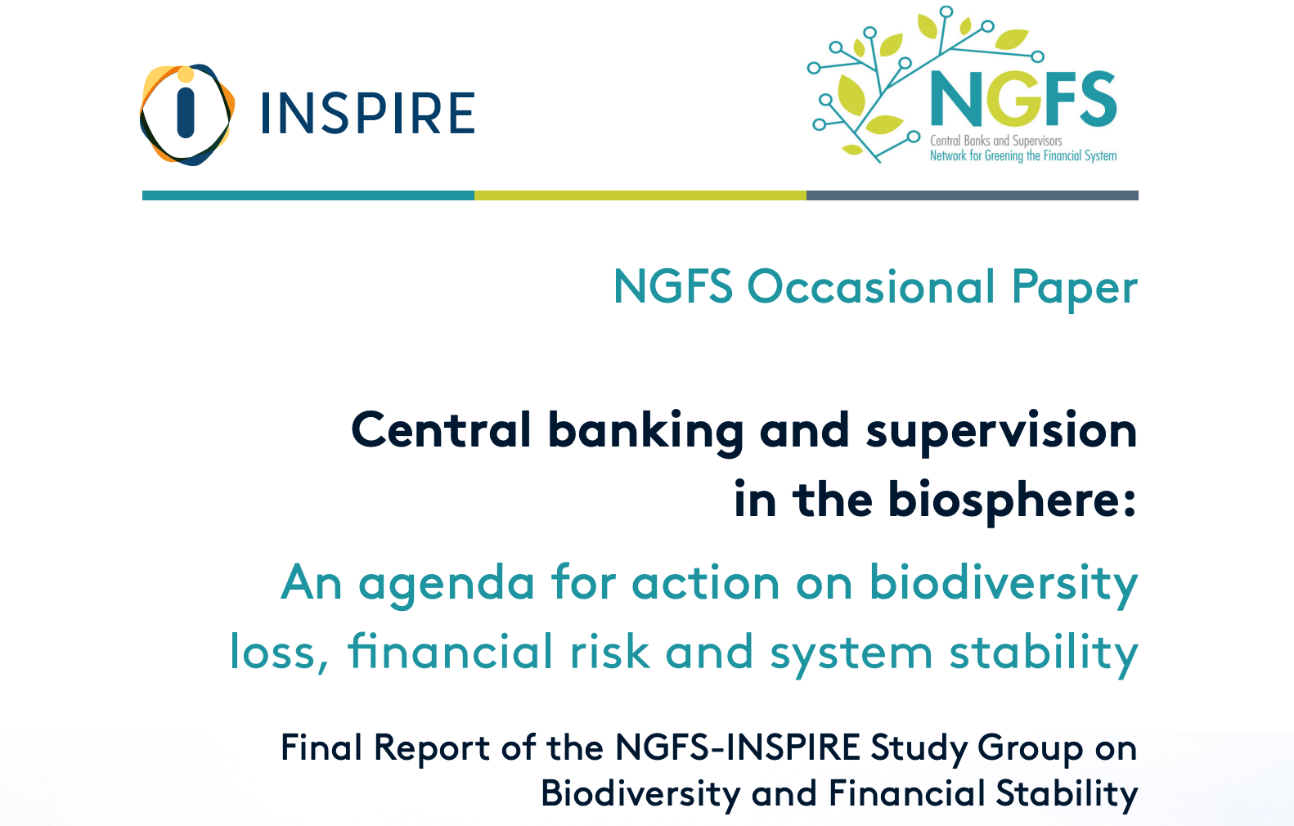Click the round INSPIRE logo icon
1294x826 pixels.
coord(186,114)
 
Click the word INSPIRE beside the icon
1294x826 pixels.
coord(367,114)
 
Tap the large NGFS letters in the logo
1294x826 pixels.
coord(1023,99)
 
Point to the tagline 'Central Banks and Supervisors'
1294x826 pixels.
coord(995,141)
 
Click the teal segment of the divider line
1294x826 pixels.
coord(308,195)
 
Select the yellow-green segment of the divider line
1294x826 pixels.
coord(640,195)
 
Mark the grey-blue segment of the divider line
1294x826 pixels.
coord(972,195)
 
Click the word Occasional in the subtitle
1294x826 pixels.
coord(872,287)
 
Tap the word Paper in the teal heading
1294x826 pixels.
coord(1075,289)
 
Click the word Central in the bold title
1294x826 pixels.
coord(442,430)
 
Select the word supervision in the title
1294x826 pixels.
coord(1001,432)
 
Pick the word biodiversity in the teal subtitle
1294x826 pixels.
coord(1003,584)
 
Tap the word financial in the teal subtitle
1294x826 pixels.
coord(451,652)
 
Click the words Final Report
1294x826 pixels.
coord(384,747)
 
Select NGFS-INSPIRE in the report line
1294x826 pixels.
coord(738,747)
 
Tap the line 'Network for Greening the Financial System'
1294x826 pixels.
coord(1022,155)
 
